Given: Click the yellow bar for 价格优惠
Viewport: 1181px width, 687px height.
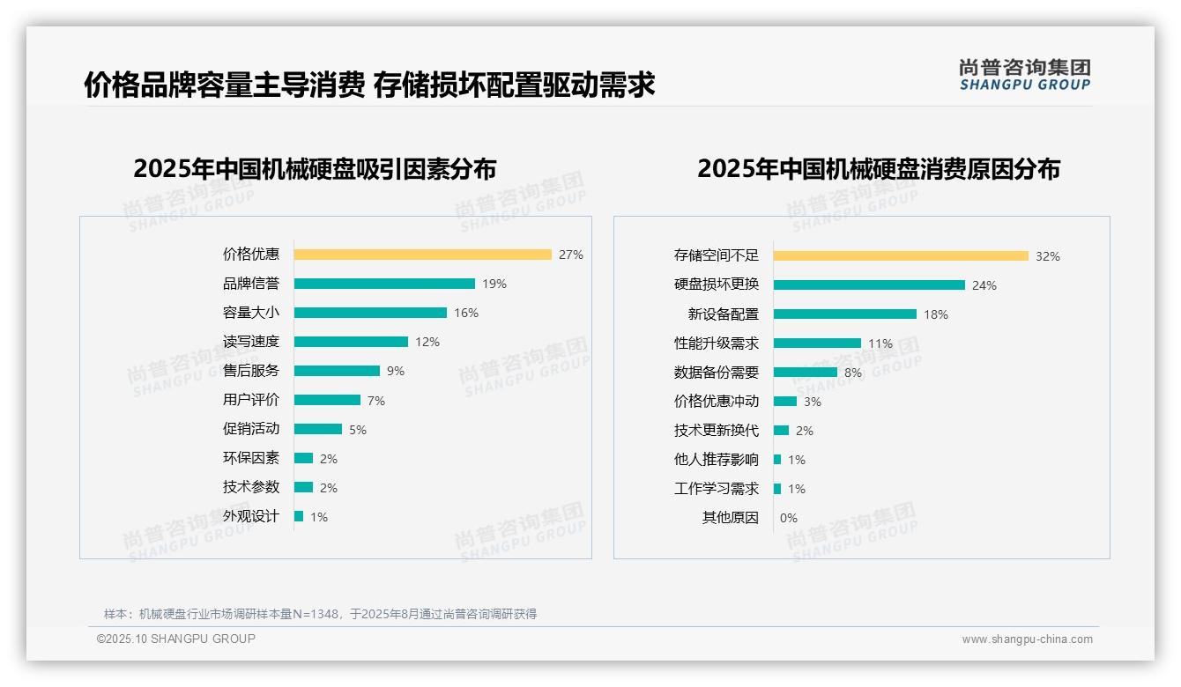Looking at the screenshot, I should click(422, 255).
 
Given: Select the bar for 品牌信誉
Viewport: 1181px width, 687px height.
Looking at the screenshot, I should click(384, 284).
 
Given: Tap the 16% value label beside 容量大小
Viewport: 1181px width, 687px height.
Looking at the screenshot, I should click(466, 313).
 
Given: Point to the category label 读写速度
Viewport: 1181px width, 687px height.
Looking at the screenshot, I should click(250, 342).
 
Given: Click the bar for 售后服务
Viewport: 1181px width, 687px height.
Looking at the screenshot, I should click(337, 371).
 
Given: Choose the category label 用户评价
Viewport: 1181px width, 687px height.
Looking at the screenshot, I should click(250, 400).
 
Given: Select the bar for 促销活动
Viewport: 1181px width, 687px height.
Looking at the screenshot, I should click(317, 429).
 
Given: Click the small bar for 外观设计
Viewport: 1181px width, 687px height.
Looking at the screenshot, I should click(299, 516).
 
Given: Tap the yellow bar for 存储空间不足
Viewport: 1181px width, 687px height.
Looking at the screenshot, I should click(901, 256).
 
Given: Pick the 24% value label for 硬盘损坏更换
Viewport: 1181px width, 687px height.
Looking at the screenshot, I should click(984, 285).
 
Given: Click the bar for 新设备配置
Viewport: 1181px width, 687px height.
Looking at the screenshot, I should click(844, 314).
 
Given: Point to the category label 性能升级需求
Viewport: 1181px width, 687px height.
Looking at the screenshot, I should click(716, 343).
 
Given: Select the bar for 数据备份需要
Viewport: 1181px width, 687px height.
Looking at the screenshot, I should click(805, 373).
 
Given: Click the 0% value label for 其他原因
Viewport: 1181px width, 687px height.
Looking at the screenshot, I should click(788, 518).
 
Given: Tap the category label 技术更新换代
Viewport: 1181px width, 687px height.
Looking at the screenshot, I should click(716, 431).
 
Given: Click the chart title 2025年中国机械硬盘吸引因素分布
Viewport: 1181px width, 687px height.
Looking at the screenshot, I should click(315, 168).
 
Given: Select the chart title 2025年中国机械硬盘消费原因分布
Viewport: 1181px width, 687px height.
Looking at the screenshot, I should click(878, 168).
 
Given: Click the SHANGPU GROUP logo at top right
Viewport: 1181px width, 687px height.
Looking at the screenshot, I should click(1024, 75).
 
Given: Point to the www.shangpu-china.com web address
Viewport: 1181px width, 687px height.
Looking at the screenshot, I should click(1027, 639).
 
